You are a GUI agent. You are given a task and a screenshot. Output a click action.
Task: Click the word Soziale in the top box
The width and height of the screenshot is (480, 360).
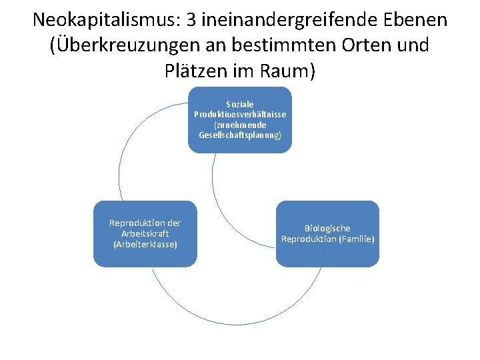[240, 105]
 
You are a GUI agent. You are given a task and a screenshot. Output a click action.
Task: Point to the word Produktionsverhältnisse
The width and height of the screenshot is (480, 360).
[240, 115]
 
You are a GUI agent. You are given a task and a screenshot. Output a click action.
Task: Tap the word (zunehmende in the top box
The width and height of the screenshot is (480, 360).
[240, 125]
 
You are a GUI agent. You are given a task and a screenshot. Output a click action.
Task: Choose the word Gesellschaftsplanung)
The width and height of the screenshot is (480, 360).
[240, 135]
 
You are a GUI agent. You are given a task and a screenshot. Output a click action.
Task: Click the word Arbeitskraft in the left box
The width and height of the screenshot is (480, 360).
[145, 233]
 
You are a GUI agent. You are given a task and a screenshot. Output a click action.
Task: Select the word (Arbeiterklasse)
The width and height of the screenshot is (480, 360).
[145, 244]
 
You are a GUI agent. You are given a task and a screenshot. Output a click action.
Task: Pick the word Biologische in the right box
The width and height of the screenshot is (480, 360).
[327, 228]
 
